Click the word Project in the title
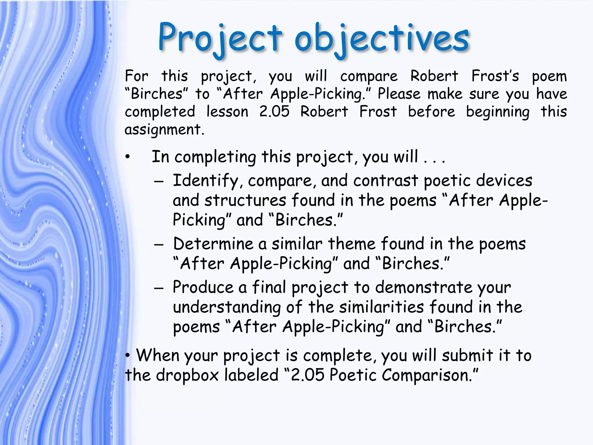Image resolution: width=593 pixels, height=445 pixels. (220, 38)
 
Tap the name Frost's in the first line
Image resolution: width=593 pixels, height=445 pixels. (495, 76)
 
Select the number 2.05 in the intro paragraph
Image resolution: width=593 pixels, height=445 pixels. (274, 112)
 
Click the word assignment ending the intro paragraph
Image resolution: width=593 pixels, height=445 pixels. (164, 130)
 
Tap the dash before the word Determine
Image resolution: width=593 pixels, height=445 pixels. (159, 245)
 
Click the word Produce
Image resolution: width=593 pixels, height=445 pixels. (203, 287)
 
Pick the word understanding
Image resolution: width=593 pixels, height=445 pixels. (227, 308)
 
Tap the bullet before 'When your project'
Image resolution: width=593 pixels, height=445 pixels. (128, 356)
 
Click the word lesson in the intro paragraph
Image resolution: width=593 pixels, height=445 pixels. (227, 112)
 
